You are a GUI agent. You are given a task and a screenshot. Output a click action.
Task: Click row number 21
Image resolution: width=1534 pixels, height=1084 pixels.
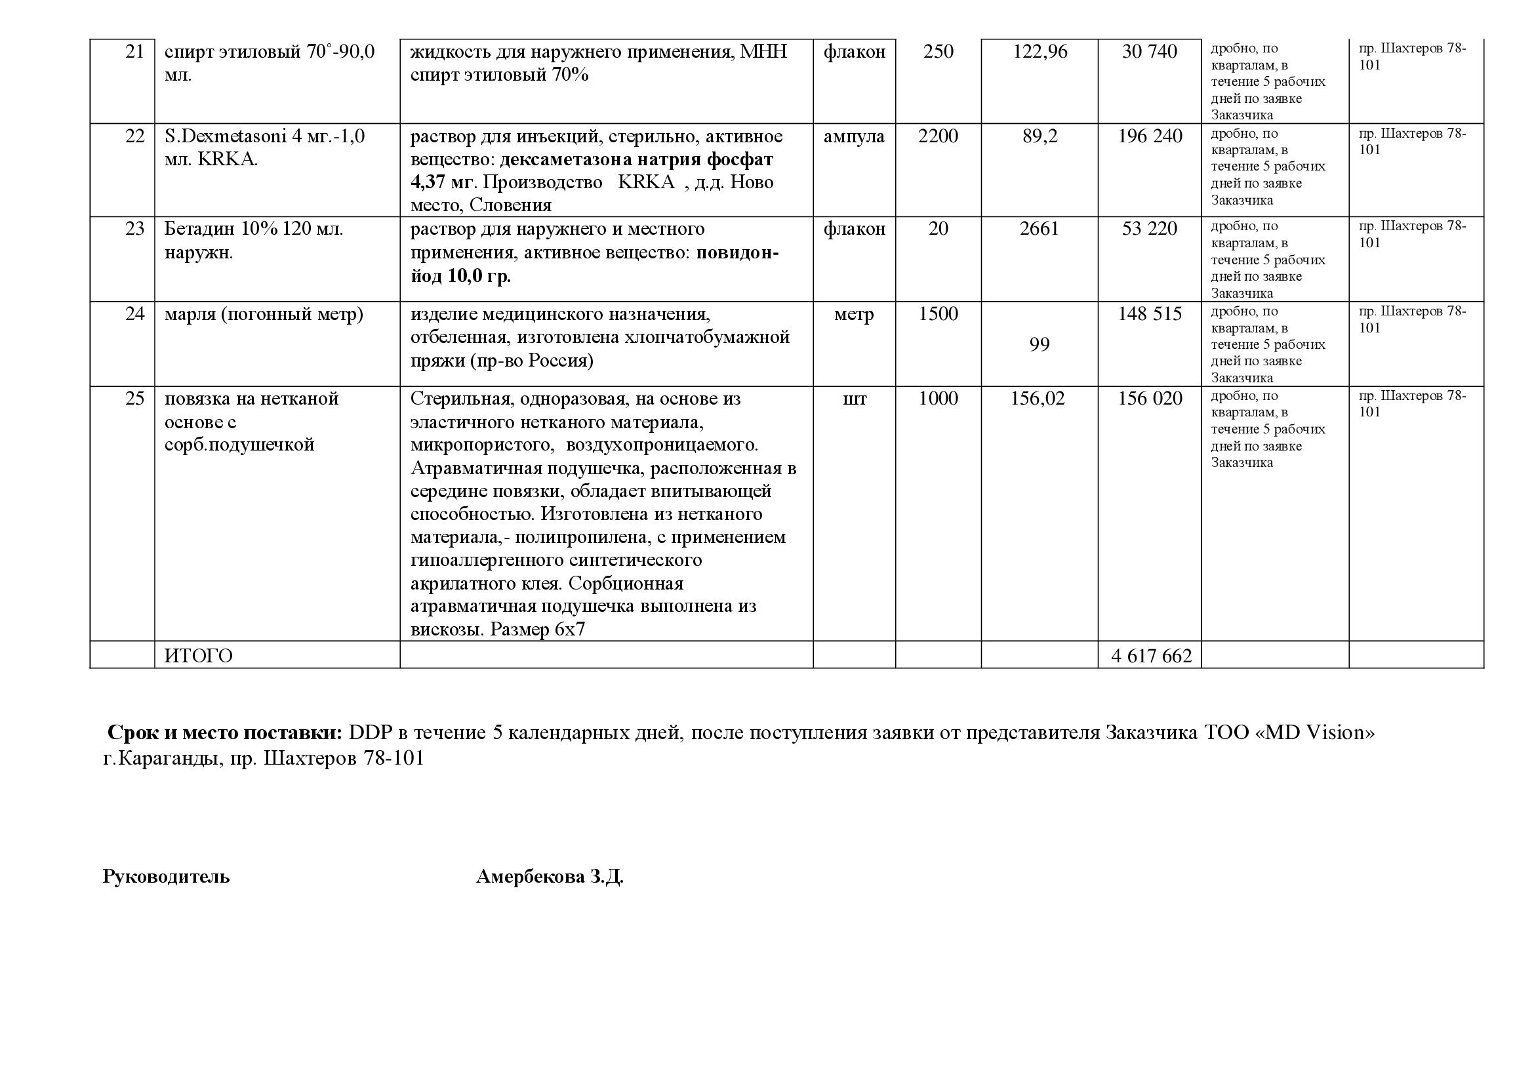[x=134, y=51]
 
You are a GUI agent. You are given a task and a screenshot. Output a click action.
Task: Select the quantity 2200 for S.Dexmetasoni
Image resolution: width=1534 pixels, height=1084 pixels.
[x=937, y=136]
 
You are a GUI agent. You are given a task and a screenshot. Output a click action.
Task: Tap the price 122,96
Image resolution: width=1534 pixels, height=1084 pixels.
[x=1039, y=51]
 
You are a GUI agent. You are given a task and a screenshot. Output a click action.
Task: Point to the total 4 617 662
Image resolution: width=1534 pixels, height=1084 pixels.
[x=1151, y=656]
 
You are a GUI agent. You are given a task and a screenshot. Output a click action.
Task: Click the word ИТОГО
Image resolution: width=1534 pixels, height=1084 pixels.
[x=199, y=656]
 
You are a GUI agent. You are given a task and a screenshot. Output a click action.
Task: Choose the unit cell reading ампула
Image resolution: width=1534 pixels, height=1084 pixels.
[x=854, y=136]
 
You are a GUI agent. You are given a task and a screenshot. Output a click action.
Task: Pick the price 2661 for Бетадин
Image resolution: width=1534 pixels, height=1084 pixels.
[x=1039, y=229]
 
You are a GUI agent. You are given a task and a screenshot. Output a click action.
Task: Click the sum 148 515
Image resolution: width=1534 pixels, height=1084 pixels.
[x=1150, y=314]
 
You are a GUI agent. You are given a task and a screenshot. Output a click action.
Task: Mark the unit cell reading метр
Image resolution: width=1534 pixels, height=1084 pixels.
[x=854, y=314]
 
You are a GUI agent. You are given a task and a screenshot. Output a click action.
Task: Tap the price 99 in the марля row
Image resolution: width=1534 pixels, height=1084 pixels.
[x=1039, y=345]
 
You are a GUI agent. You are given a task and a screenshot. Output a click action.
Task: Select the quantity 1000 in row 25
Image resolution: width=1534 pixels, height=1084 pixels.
[x=937, y=399]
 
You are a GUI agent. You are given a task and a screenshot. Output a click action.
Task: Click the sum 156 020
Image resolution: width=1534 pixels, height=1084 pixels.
[x=1150, y=399]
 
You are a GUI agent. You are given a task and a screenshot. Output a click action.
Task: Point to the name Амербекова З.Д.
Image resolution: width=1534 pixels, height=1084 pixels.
[x=549, y=877]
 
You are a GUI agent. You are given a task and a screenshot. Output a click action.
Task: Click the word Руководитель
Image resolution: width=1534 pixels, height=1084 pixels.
[x=166, y=877]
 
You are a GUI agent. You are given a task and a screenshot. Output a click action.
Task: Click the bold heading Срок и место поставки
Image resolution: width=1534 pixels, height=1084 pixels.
[x=224, y=733]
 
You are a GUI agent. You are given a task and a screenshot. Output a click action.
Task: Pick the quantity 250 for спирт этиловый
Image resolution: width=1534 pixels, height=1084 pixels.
[x=937, y=51]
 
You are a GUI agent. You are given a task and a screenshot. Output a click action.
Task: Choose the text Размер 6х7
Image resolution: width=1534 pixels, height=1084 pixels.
[x=537, y=630]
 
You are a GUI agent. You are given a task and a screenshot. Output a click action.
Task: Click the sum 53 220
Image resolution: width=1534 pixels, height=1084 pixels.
[x=1149, y=229]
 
